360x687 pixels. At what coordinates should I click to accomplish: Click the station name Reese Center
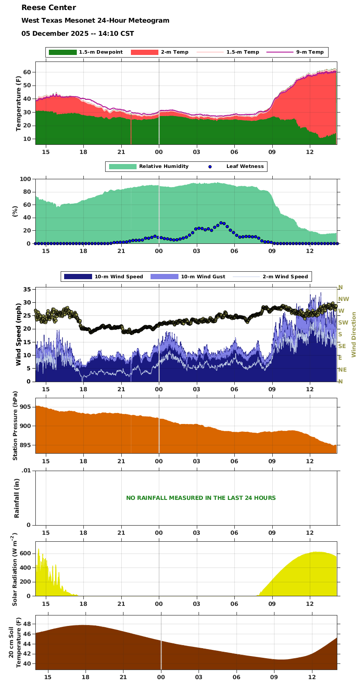point(48,7)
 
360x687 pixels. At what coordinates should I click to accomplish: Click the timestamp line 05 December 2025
point(78,34)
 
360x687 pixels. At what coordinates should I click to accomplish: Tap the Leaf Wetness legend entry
point(245,167)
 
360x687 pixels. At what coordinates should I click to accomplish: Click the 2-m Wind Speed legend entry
point(285,277)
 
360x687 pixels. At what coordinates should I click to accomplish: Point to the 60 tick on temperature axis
point(27,72)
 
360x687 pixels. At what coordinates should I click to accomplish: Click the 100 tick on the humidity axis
point(25,179)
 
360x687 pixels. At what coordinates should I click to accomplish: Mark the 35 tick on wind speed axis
point(27,290)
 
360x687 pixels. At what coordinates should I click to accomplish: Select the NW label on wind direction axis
point(344,299)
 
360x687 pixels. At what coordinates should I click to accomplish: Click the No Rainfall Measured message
point(201,498)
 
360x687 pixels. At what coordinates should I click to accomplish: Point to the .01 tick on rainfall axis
point(26,470)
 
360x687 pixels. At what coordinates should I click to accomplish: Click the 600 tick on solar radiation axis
point(25,554)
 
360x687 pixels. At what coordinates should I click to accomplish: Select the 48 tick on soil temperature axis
point(27,624)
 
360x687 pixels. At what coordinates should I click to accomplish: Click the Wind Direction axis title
point(354,335)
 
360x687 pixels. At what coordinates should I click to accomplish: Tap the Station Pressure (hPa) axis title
point(16,426)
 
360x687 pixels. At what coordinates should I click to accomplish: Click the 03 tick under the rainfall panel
point(196,533)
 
